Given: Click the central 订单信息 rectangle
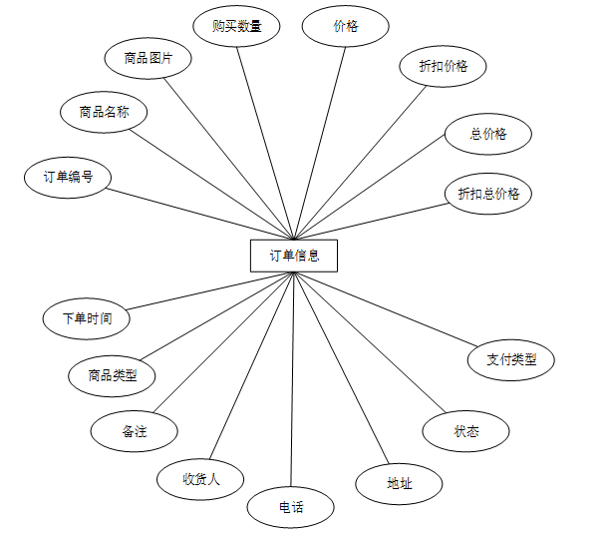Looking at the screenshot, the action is click(x=294, y=256).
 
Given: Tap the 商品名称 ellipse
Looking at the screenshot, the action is click(x=104, y=112).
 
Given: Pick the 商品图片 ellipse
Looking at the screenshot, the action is click(x=149, y=58).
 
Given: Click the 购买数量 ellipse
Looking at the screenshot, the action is click(x=237, y=27).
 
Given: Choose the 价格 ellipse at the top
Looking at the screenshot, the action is click(x=345, y=27).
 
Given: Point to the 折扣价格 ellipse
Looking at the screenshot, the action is click(x=444, y=67).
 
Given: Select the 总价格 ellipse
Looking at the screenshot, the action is click(x=488, y=134).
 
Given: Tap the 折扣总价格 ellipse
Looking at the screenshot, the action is click(x=488, y=194).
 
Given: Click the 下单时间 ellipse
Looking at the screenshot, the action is click(x=87, y=318).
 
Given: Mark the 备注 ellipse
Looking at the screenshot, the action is click(x=135, y=431).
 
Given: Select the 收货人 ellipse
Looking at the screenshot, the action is click(x=200, y=479).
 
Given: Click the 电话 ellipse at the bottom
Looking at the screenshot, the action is click(x=291, y=508).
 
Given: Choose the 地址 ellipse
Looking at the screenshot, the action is click(x=400, y=483).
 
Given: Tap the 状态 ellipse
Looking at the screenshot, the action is click(x=466, y=431).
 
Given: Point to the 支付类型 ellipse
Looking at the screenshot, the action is click(x=511, y=359).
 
